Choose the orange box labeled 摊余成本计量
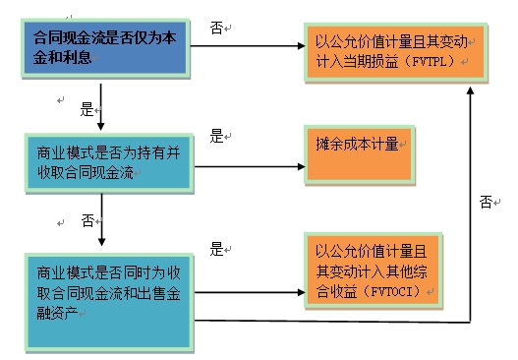(x=355, y=155)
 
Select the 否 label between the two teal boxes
(x=86, y=218)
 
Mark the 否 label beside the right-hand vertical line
(x=485, y=202)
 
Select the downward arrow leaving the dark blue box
(x=100, y=106)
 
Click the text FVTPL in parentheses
(x=437, y=64)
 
